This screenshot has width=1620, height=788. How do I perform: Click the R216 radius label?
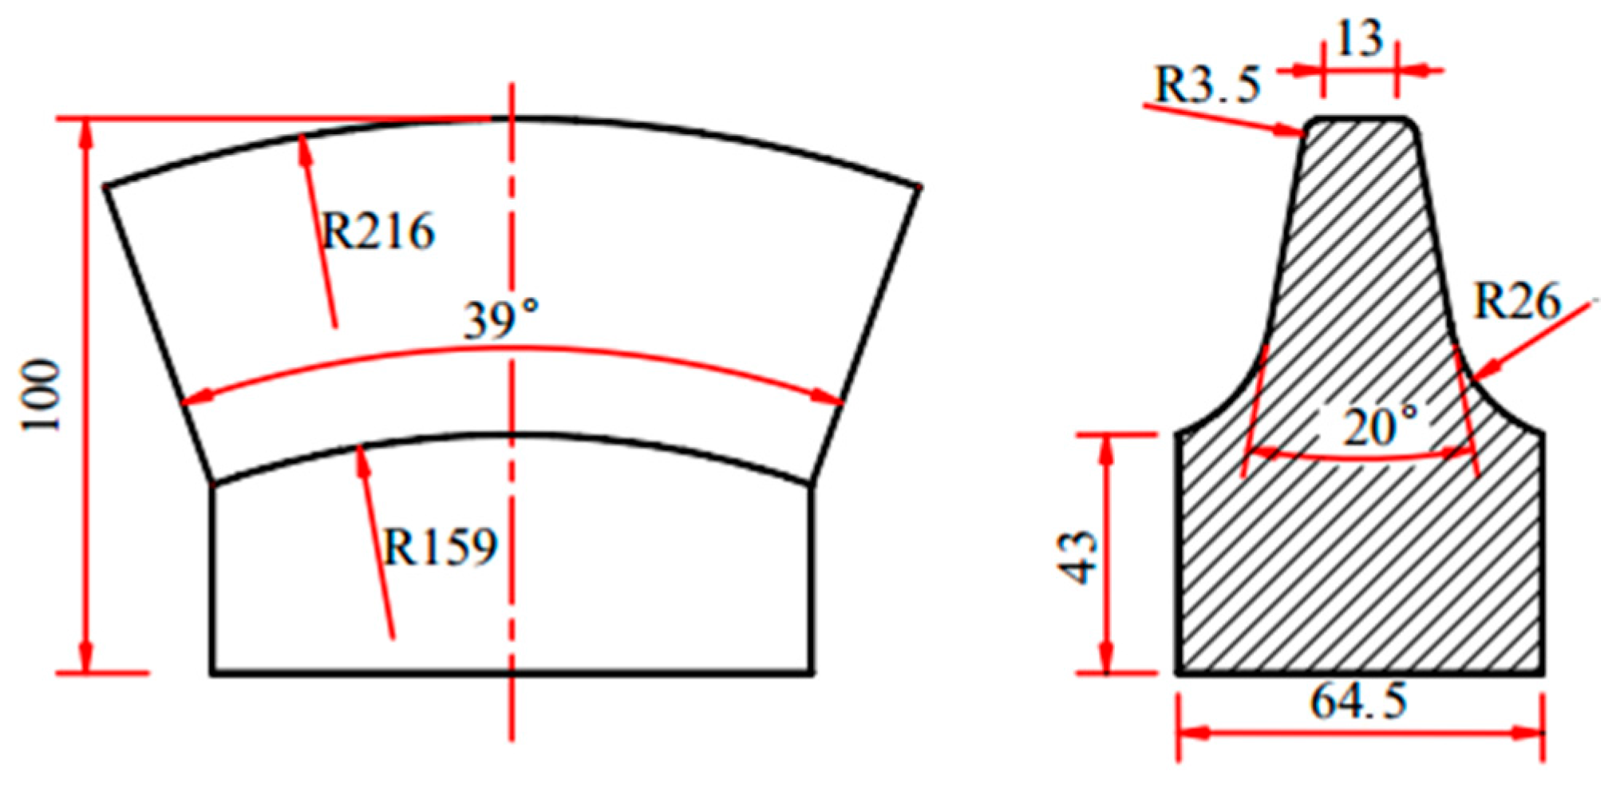pos(378,232)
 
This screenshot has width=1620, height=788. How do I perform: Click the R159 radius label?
pos(441,548)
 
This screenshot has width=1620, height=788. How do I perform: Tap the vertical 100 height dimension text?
pos(41,396)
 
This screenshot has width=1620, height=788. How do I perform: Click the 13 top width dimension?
pos(1359,38)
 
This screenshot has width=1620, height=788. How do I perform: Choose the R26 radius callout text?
pos(1516,302)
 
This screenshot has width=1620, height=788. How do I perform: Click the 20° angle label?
pos(1381,428)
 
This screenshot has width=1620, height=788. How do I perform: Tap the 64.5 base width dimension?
pos(1358,703)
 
